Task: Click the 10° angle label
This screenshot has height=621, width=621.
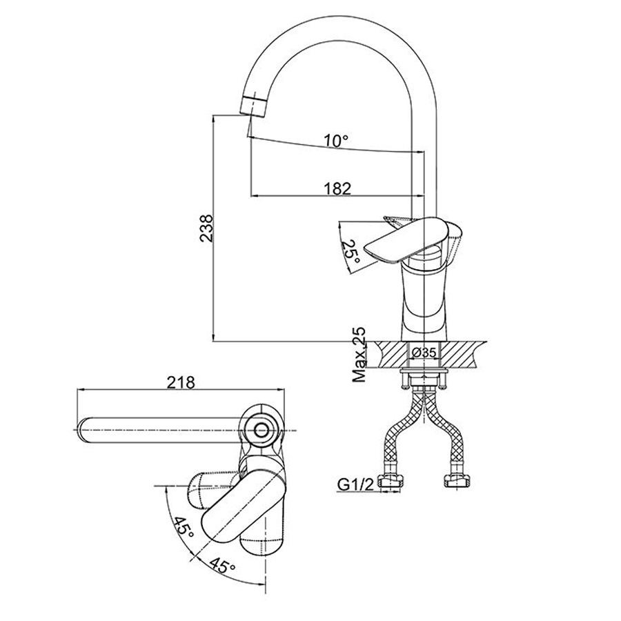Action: click(x=336, y=141)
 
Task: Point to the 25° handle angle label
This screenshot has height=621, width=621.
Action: click(x=352, y=253)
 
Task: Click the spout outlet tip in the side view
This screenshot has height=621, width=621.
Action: click(x=253, y=107)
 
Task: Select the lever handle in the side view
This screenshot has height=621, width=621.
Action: click(x=407, y=238)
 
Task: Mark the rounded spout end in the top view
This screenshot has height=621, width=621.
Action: click(x=86, y=431)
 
